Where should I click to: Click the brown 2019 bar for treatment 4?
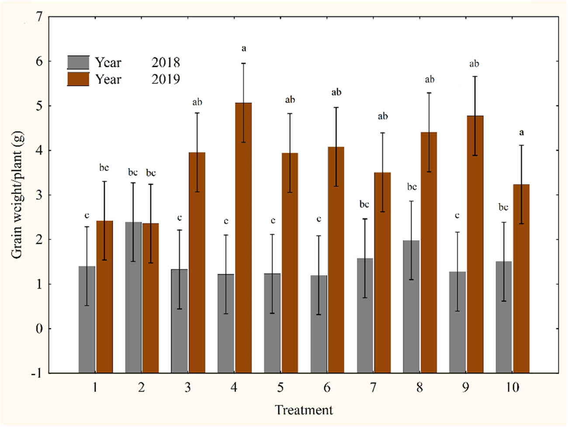[x=243, y=238]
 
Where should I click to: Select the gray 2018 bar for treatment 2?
[x=133, y=297]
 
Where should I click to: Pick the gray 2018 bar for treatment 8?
[x=411, y=306]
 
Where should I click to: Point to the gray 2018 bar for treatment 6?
[x=319, y=323]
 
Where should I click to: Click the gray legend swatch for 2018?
[x=78, y=62]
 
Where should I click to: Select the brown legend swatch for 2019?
[x=78, y=79]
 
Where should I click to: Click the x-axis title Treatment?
[x=304, y=410]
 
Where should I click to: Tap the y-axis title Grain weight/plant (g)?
[x=17, y=195]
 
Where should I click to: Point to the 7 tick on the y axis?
[x=39, y=17]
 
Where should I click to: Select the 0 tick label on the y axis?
[x=39, y=329]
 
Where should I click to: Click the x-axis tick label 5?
[x=280, y=387]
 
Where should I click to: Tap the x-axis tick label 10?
[x=512, y=387]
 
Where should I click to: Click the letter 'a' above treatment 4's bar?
[x=244, y=48]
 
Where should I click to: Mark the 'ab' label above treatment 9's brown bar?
[x=474, y=64]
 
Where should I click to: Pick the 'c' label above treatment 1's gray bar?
[x=87, y=215]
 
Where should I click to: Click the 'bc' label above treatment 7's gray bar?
[x=364, y=204]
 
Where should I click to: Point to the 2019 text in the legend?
[x=166, y=79]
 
